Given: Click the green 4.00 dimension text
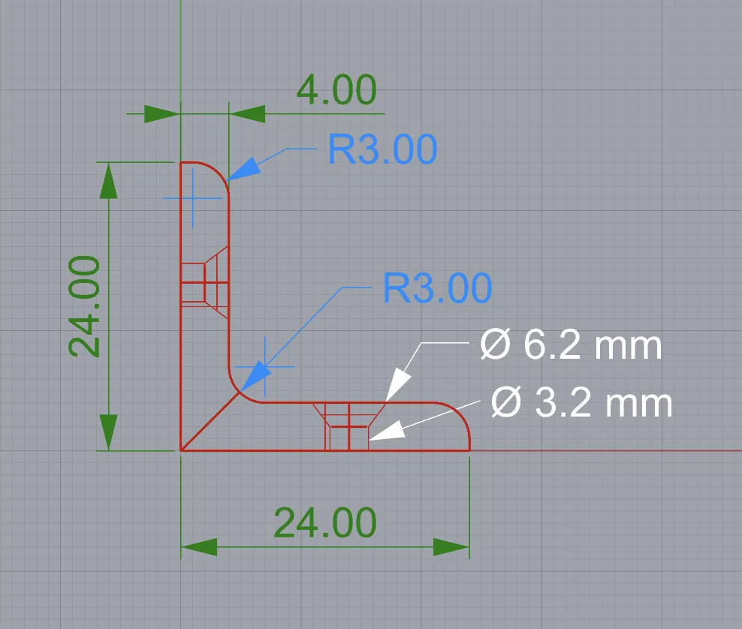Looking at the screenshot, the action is [x=336, y=90].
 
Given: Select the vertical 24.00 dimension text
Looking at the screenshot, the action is [x=84, y=306].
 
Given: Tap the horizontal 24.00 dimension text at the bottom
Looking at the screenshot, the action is [x=325, y=522].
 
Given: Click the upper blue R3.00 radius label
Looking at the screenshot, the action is [x=382, y=149].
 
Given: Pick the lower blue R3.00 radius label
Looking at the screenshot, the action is [x=437, y=287].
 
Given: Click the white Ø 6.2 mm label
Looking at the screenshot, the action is [x=571, y=345].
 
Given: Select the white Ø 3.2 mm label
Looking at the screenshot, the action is [x=581, y=403].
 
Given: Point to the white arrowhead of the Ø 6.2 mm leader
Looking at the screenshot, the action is [x=398, y=385].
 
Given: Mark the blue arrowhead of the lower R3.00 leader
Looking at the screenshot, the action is [x=256, y=377].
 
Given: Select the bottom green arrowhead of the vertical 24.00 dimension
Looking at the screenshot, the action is [x=108, y=432].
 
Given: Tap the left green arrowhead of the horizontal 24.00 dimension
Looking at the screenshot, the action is [x=199, y=546].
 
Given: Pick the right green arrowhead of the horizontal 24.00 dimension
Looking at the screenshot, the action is [x=451, y=546].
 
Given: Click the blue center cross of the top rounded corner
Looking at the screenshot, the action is [x=192, y=198].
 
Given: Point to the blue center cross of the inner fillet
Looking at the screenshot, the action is [x=265, y=366].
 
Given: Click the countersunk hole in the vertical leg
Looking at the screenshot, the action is [x=204, y=282].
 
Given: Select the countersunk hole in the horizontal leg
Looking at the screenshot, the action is [x=348, y=426].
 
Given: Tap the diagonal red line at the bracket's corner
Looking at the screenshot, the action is [x=210, y=421].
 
